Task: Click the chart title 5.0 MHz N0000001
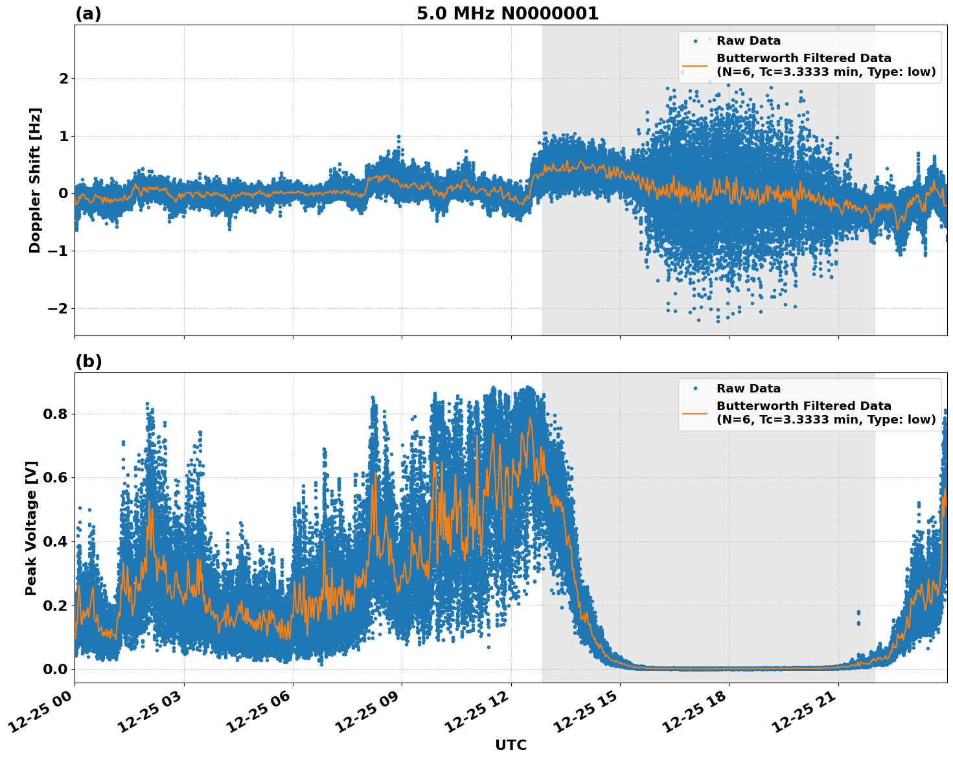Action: click(x=507, y=14)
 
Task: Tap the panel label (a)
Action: click(x=88, y=14)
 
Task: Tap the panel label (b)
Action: click(x=88, y=361)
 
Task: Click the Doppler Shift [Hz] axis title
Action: click(x=35, y=180)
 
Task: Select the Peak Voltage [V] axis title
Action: click(x=31, y=528)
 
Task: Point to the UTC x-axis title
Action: click(x=511, y=745)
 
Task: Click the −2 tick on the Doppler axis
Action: click(x=57, y=308)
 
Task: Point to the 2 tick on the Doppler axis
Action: click(x=63, y=78)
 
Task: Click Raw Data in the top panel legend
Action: click(x=748, y=41)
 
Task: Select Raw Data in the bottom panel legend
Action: click(x=748, y=389)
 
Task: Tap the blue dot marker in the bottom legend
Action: click(x=696, y=389)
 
